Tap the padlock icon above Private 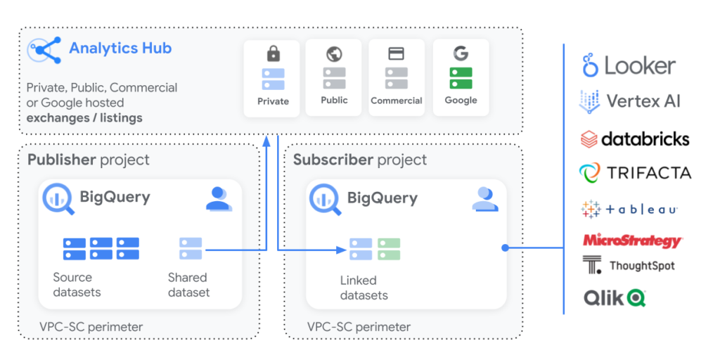273,53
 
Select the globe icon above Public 334,53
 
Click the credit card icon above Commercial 396,53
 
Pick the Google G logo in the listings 461,53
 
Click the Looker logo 629,66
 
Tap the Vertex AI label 643,101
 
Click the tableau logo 629,209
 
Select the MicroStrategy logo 632,240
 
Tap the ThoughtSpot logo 629,265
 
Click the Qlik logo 615,298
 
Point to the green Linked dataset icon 389,249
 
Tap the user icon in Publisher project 219,199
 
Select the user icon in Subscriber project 484,199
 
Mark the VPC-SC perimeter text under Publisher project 91,327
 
